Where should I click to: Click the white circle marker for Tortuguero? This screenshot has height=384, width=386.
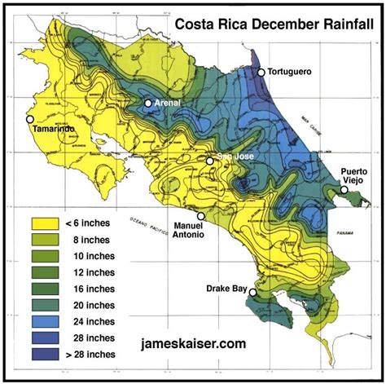pos(261,73)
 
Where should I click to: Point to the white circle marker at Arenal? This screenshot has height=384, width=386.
pos(148,104)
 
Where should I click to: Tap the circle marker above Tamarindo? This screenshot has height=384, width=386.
pos(30,119)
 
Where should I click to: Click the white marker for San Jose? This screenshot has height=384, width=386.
pos(210,161)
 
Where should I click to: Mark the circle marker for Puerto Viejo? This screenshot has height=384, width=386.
pos(344,189)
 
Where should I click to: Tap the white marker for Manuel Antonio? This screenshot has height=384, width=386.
pos(201,217)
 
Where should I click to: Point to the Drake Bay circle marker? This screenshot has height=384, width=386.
pos(253,292)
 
